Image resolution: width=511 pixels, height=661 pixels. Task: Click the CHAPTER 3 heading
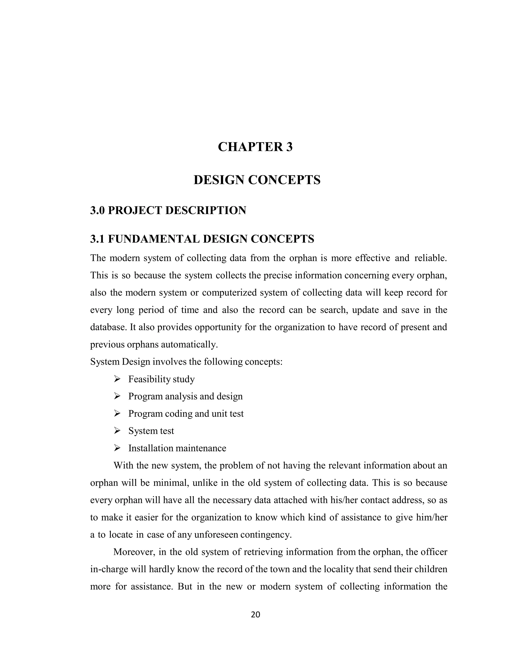pos(255,147)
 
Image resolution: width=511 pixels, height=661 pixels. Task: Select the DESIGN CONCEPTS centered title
pos(257,180)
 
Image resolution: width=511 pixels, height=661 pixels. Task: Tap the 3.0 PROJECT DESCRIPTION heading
pos(168,210)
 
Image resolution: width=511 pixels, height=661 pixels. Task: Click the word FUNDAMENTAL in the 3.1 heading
pos(153,239)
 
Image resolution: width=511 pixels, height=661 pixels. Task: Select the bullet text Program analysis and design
pos(185,396)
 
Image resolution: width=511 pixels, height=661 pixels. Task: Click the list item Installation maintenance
pos(177,448)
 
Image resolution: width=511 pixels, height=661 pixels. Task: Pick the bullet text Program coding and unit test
pos(186,413)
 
